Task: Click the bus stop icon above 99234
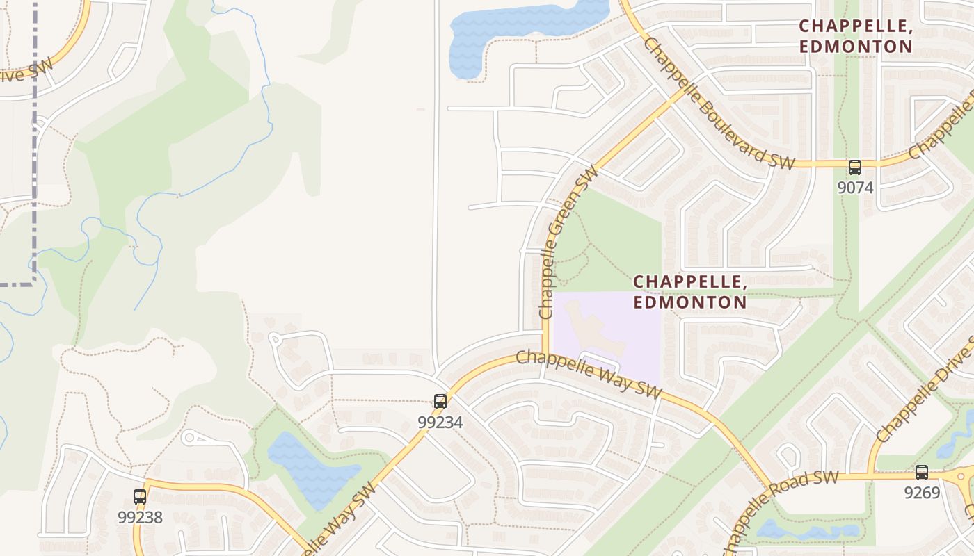point(440,401)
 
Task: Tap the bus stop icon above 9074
point(854,167)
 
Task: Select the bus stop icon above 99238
point(140,496)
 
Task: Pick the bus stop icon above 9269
point(922,473)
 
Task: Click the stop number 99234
point(440,422)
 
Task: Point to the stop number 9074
point(855,188)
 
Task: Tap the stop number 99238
point(140,517)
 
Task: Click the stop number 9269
point(922,493)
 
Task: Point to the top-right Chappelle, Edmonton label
point(855,36)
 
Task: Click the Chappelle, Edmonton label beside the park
point(690,292)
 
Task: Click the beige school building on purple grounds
point(591,327)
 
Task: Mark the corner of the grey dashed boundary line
point(33,282)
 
